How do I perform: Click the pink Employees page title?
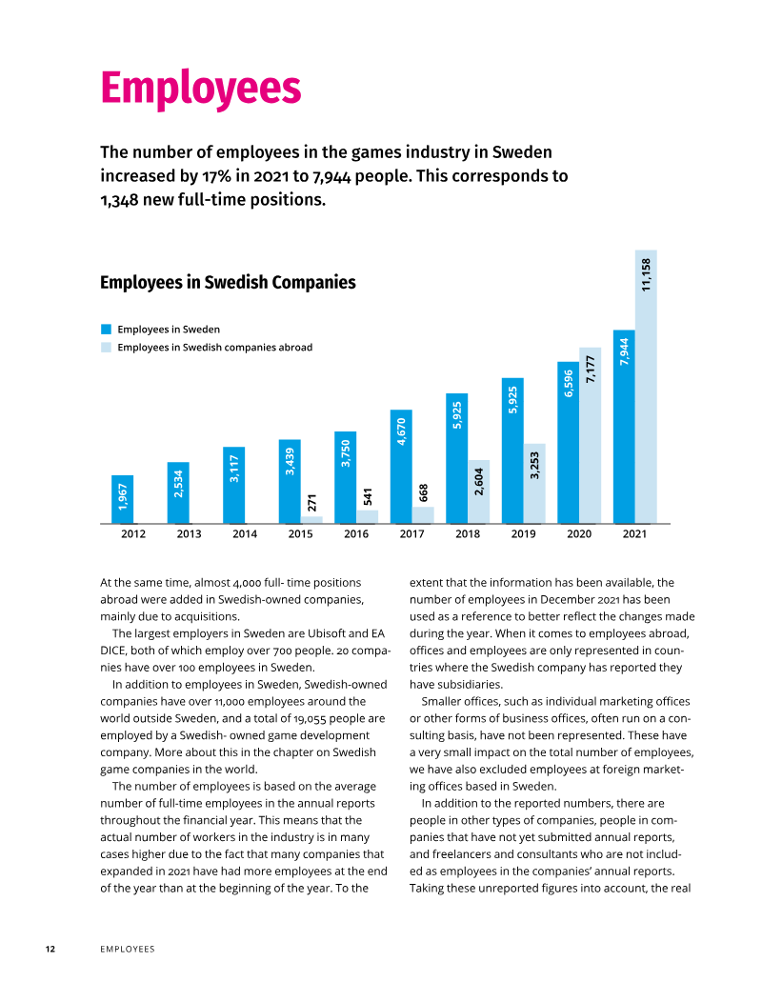[201, 89]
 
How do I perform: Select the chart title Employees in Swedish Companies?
[228, 283]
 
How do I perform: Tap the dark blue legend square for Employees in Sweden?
[106, 330]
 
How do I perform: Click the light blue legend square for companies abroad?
[106, 347]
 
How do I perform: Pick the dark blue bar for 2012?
[122, 499]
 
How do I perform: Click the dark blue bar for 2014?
[234, 485]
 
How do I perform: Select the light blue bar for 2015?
[312, 519]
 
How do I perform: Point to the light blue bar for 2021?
[646, 387]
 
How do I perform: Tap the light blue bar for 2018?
[479, 491]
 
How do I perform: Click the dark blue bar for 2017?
[401, 467]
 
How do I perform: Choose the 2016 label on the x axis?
[356, 534]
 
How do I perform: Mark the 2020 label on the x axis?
[579, 534]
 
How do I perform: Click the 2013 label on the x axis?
[190, 534]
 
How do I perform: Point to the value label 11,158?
[647, 274]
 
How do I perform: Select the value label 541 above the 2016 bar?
[368, 496]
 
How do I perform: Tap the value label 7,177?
[591, 370]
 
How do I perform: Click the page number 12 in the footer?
[50, 949]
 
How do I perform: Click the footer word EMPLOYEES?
[128, 949]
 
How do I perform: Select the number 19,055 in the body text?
[311, 718]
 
